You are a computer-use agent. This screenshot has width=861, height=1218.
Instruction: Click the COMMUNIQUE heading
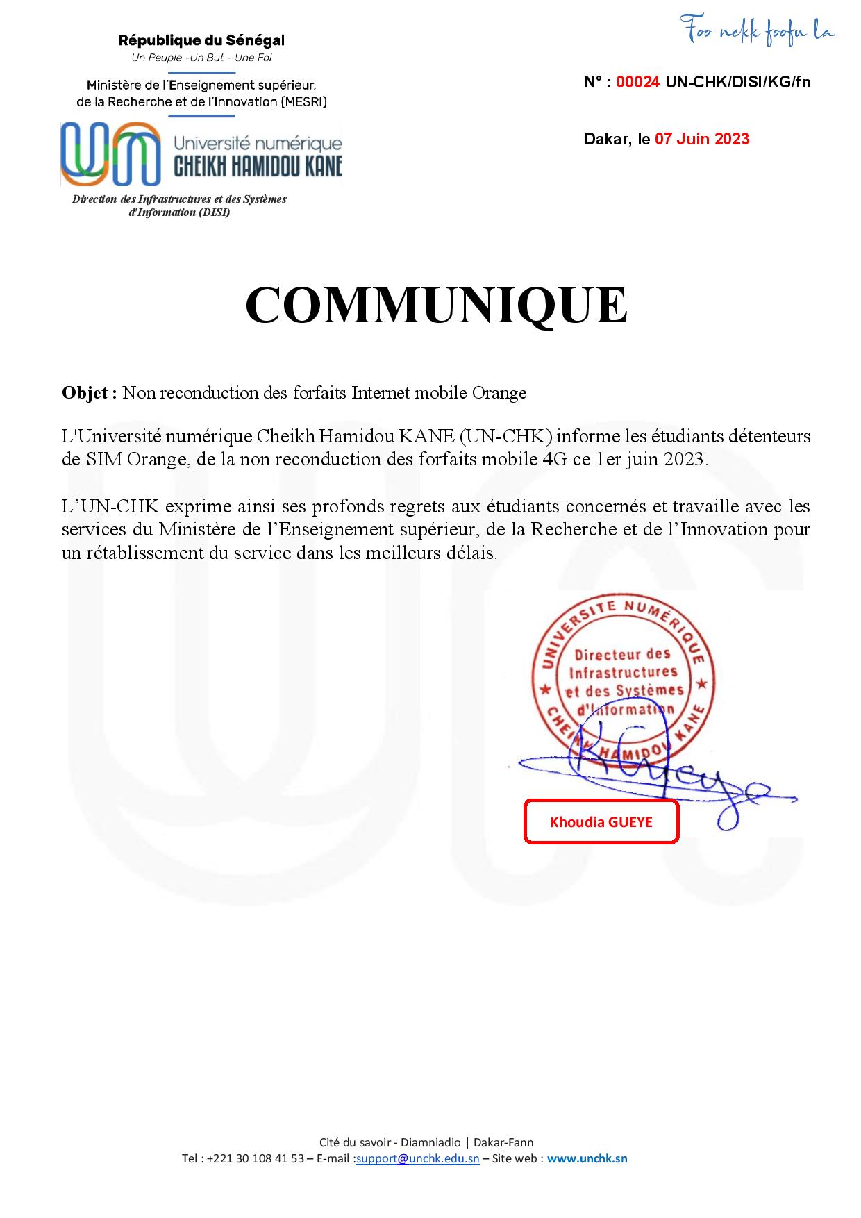436,305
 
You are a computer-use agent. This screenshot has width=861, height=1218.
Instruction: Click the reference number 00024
637,83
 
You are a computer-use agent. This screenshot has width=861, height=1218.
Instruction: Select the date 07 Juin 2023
702,139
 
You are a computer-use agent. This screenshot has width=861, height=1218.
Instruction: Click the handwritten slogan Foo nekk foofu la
758,29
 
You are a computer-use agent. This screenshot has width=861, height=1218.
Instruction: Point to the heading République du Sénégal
201,41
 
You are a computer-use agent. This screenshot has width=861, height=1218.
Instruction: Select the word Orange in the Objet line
499,393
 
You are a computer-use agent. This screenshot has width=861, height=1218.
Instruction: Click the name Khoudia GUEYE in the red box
601,822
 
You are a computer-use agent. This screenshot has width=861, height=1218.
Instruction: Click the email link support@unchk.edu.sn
417,1158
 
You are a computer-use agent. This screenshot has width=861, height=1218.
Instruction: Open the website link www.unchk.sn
587,1158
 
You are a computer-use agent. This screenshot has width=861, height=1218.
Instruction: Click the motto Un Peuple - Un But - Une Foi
201,58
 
